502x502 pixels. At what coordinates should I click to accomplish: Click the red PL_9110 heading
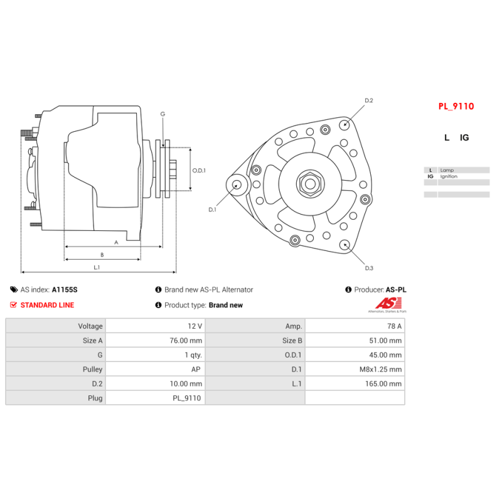point(456,107)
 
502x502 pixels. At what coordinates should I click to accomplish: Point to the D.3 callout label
point(369,268)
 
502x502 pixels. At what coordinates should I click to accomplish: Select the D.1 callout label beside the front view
point(212,210)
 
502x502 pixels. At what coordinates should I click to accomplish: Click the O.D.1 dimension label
point(199,170)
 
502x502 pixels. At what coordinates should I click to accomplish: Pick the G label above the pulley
point(163,114)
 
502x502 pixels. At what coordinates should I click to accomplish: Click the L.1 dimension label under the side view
point(97,267)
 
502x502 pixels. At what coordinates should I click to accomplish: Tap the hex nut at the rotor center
point(309,184)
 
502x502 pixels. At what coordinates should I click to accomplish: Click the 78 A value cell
point(395,326)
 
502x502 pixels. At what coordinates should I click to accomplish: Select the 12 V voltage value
point(195,326)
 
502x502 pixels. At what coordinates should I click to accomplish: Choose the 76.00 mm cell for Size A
point(187,341)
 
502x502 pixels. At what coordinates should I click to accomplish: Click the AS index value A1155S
point(65,290)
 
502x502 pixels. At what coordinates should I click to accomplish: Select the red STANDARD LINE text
point(47,306)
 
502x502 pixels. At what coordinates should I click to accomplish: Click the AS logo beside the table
point(387,303)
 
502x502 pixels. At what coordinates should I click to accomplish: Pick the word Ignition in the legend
point(449,176)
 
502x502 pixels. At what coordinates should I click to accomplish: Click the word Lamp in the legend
point(447,170)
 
